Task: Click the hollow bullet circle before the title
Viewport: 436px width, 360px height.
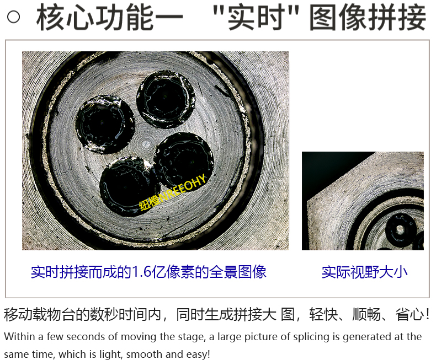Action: coord(13,17)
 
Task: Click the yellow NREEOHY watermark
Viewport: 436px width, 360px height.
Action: coord(173,192)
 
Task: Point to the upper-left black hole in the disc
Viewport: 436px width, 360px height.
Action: coord(105,124)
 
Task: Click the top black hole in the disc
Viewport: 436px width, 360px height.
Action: coord(166,99)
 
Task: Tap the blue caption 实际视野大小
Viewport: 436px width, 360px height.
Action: coord(365,272)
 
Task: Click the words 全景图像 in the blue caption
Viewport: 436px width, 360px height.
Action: coord(238,272)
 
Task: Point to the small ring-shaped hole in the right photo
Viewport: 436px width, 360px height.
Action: coord(400,229)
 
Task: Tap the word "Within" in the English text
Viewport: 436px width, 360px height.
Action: coord(20,337)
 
